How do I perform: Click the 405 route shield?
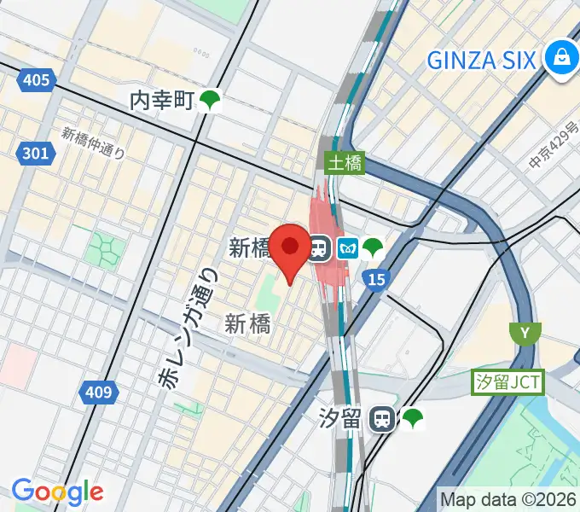[36, 81]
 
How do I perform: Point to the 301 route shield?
[36, 154]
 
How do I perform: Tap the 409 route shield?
[99, 393]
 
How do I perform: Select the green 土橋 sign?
[345, 161]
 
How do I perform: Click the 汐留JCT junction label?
[508, 381]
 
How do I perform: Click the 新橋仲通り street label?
[94, 143]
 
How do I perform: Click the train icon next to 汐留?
[382, 418]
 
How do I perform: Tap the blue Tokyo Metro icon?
[346, 248]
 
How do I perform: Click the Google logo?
[57, 492]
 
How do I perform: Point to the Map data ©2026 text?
[508, 498]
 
